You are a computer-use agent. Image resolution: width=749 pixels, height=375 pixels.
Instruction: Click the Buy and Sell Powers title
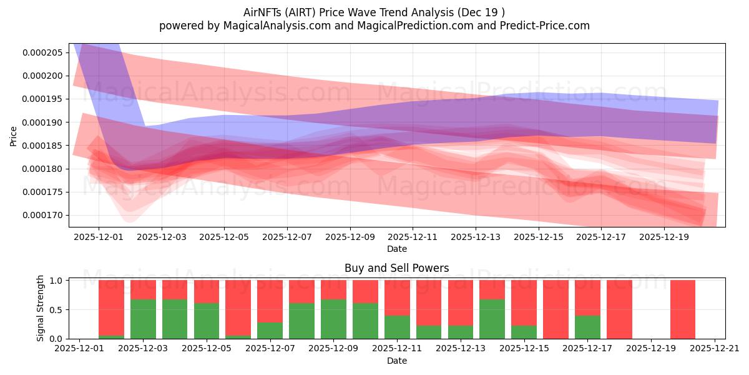click(x=396, y=268)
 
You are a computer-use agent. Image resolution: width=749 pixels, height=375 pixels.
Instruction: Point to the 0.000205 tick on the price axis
click(x=42, y=52)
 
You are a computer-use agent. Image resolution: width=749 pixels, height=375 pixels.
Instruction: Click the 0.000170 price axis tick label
click(x=42, y=215)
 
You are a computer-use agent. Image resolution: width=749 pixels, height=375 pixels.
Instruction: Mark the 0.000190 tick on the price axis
click(x=42, y=122)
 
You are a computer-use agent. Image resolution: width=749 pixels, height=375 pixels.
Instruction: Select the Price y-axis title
click(x=14, y=135)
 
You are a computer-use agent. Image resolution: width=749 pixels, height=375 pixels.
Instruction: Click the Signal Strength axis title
click(x=41, y=308)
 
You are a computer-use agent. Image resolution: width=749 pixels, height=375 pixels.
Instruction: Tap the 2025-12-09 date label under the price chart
click(x=350, y=237)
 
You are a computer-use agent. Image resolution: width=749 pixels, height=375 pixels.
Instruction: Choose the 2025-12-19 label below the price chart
click(x=664, y=237)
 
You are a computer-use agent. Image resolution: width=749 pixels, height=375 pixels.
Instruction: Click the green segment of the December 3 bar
click(x=143, y=319)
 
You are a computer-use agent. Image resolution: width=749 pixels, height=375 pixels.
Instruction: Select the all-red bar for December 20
click(x=683, y=309)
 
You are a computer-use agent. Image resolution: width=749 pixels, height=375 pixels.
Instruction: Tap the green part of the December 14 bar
click(x=492, y=319)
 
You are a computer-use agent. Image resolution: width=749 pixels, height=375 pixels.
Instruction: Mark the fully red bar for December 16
click(x=556, y=309)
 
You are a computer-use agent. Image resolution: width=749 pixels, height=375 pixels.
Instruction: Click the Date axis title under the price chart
click(x=396, y=249)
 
